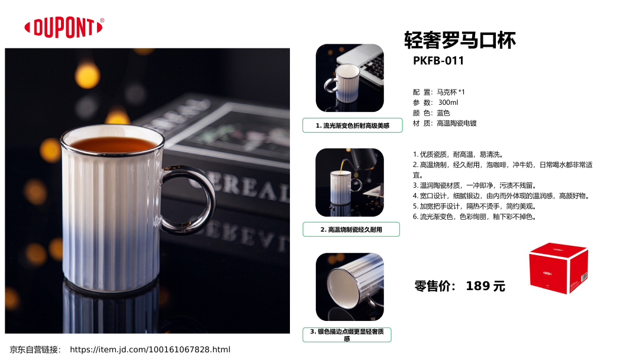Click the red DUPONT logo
coord(63,28)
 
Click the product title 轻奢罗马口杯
coord(460,40)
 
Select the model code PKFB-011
coord(438,61)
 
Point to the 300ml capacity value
coord(448,102)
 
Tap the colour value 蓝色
coord(443,113)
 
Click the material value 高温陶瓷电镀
coord(457,123)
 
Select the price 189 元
coord(485,286)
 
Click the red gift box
coord(559,268)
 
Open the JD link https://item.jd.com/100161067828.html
coord(150,349)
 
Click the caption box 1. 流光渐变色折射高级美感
coord(353,125)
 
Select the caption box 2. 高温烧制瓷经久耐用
coord(351,230)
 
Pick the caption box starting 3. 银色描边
coord(347,335)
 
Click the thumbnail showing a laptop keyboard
coord(350,78)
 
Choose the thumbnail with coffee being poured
coord(350,182)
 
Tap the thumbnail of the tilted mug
coord(350,287)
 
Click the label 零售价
coord(435,286)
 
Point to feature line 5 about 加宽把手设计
coord(475,206)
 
